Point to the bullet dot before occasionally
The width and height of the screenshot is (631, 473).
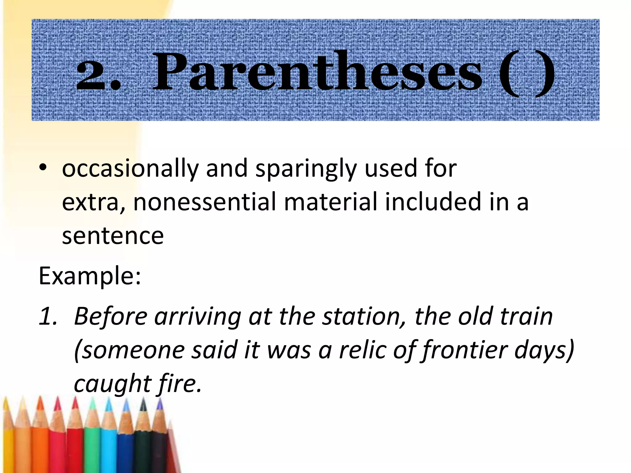point(43,168)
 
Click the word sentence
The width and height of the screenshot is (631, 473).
point(112,236)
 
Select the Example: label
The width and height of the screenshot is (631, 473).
point(90,276)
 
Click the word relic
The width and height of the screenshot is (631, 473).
point(362,350)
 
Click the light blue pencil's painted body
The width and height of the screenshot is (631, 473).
point(108,450)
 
